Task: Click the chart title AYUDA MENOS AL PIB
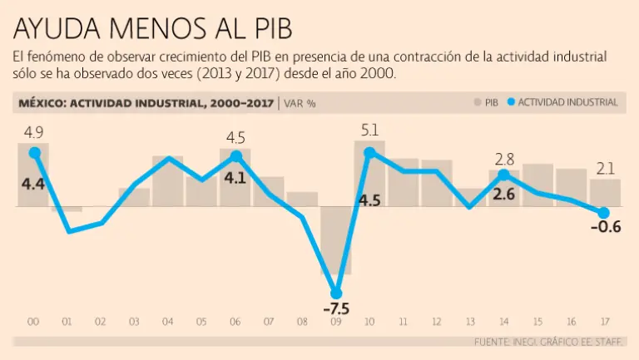[x=153, y=28]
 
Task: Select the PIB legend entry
[x=486, y=102]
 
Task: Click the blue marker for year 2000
[x=34, y=152]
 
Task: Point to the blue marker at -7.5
[x=336, y=293]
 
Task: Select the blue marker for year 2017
[x=604, y=213]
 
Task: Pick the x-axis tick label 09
[x=336, y=322]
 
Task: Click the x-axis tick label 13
[x=471, y=322]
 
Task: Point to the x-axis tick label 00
[x=34, y=322]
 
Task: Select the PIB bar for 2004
[x=168, y=181]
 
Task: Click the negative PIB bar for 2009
[x=336, y=241]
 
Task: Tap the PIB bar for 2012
[x=437, y=183]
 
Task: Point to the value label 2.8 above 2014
[x=505, y=159]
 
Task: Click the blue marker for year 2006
[x=235, y=156]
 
